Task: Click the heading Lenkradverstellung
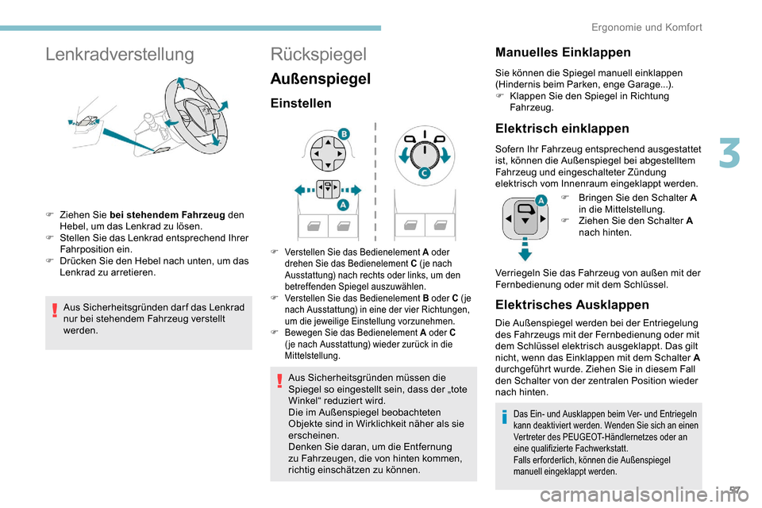[120, 54]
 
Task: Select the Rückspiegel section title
[319, 54]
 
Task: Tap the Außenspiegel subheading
[321, 79]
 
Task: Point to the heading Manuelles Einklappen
[563, 52]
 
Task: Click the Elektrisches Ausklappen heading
[571, 304]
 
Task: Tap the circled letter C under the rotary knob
[425, 173]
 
